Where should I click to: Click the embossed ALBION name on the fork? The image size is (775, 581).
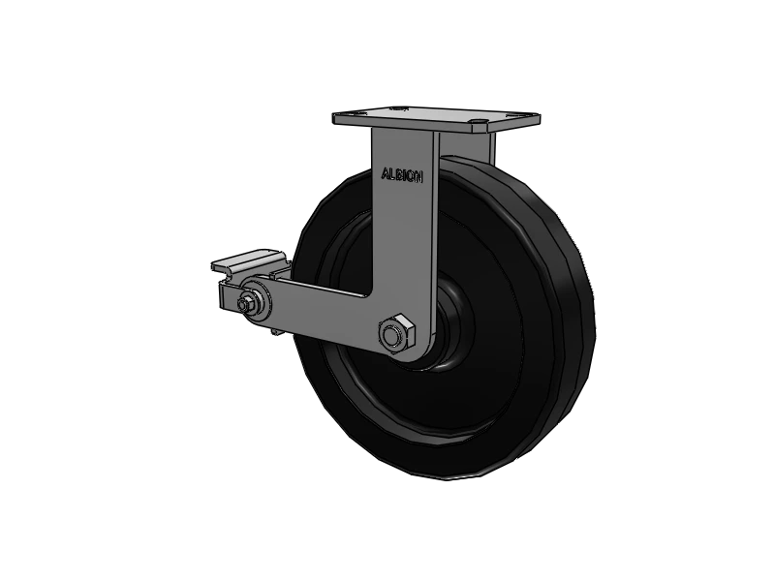tap(402, 175)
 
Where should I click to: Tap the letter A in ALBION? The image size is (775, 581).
tap(385, 174)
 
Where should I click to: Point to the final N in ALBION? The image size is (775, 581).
tap(419, 177)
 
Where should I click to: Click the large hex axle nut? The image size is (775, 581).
tap(396, 333)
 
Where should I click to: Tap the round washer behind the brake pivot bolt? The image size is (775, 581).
tap(256, 302)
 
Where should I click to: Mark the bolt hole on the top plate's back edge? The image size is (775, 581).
tap(398, 108)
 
